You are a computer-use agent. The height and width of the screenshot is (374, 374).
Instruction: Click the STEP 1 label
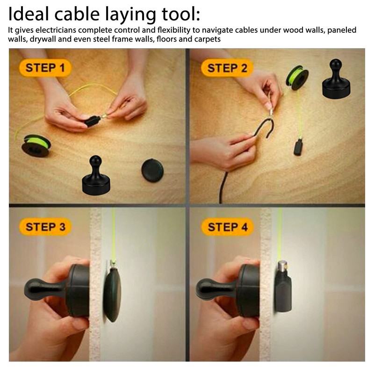pyautogui.click(x=45, y=68)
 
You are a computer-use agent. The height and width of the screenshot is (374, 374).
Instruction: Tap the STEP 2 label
pyautogui.click(x=227, y=68)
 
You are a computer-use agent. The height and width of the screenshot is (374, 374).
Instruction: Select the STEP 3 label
pyautogui.click(x=45, y=228)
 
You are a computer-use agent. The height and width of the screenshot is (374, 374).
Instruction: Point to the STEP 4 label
pyautogui.click(x=227, y=228)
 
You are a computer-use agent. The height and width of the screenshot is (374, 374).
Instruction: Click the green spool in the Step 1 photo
pyautogui.click(x=37, y=145)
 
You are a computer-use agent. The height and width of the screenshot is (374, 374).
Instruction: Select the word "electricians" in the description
pyautogui.click(x=53, y=30)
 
